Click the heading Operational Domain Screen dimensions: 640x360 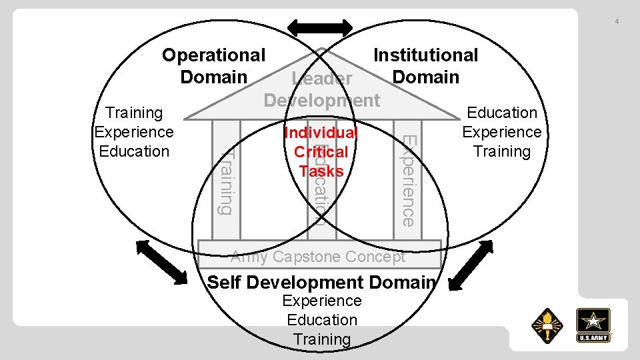click(x=213, y=65)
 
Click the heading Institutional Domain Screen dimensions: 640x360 click(x=425, y=65)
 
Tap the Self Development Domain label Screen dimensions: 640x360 click(x=321, y=282)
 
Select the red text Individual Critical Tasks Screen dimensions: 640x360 click(x=321, y=152)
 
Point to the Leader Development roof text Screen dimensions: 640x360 click(x=322, y=90)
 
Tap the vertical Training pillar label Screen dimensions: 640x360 click(x=227, y=180)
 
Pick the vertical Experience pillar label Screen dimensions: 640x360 click(x=407, y=180)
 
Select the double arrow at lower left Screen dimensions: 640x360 click(x=161, y=261)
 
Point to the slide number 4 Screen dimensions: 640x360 click(x=617, y=22)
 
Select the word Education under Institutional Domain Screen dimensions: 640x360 click(x=502, y=113)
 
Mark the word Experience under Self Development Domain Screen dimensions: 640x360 click(x=322, y=301)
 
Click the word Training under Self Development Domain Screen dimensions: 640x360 click(x=322, y=339)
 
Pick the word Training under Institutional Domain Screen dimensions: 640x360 click(x=502, y=151)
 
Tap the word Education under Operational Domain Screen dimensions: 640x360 click(x=135, y=151)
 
